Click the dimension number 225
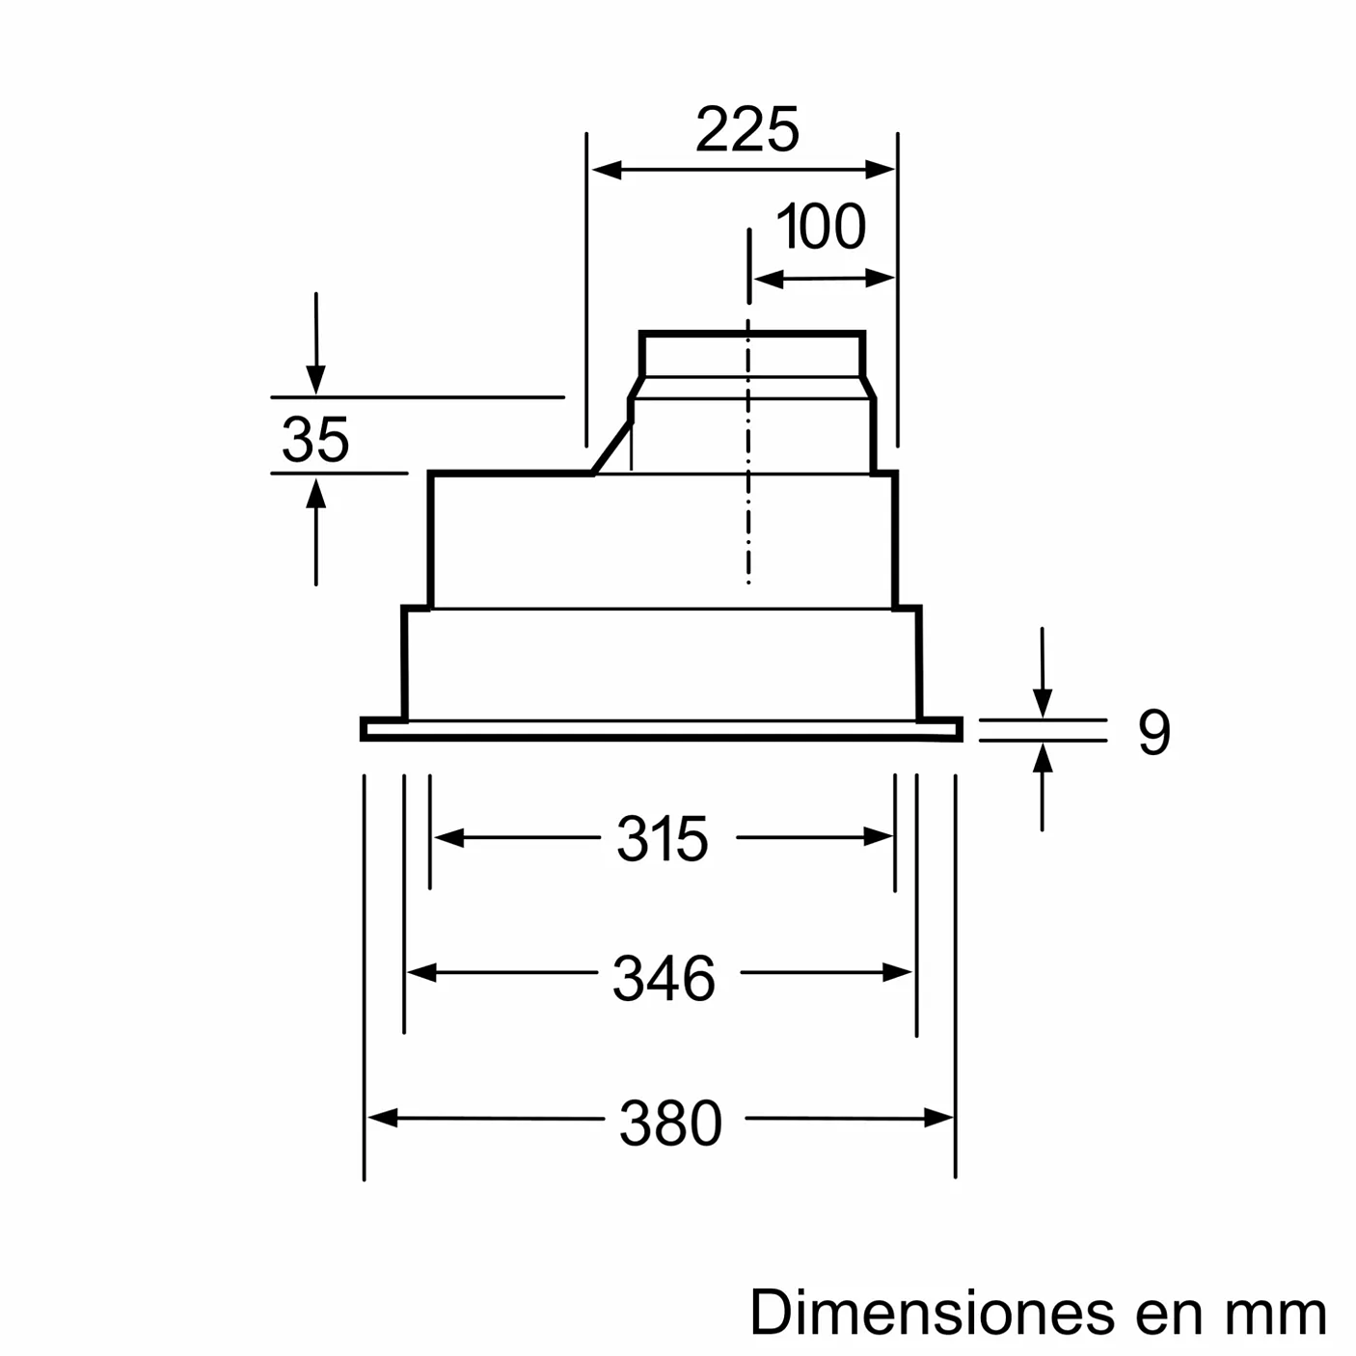[x=746, y=130]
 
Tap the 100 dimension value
[x=821, y=228]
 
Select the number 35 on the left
[x=315, y=440]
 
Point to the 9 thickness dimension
[x=1153, y=732]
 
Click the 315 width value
[x=663, y=839]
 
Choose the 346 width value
[x=664, y=978]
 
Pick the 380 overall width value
[x=670, y=1124]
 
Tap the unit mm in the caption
[x=1276, y=1315]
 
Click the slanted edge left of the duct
[x=611, y=447]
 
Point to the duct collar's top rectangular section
[x=751, y=354]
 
